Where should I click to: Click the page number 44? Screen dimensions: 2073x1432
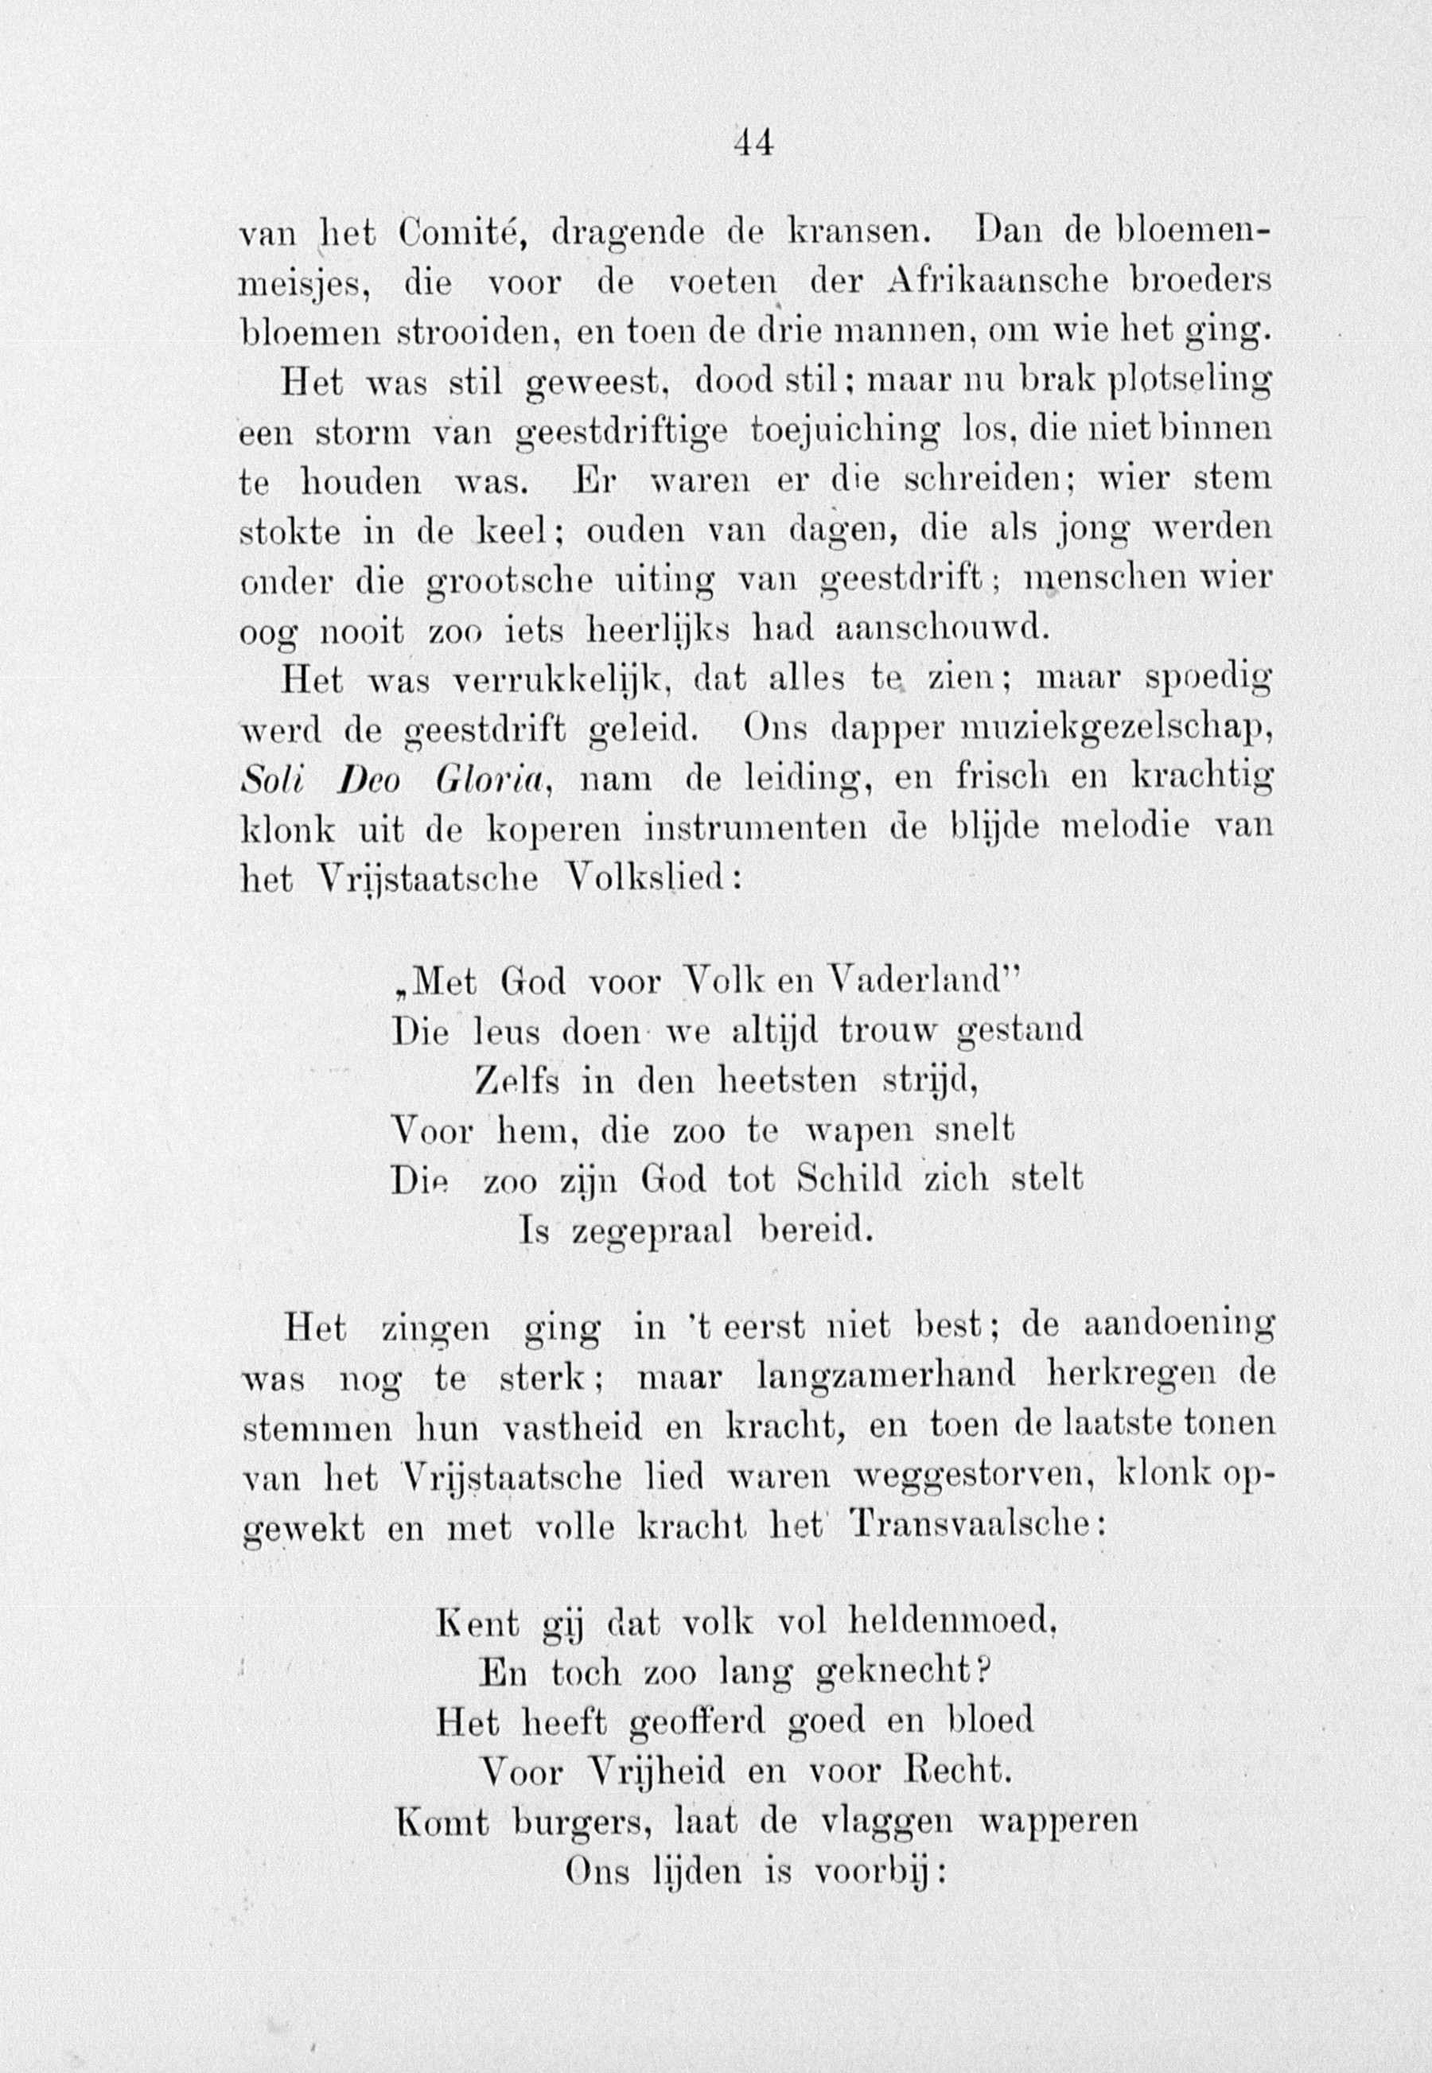(753, 143)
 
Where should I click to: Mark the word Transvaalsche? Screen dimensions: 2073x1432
(969, 1525)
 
